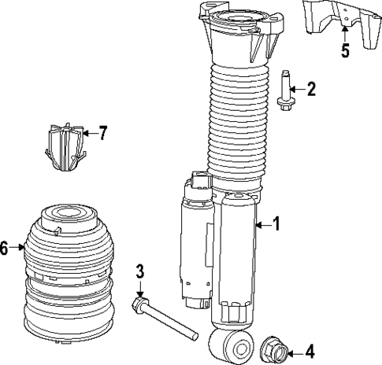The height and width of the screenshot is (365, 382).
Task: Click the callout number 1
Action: pos(275,224)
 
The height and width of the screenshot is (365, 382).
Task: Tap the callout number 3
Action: pos(139,273)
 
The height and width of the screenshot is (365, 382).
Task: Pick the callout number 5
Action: pos(344,52)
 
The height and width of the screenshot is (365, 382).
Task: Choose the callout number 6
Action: pos(5,249)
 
